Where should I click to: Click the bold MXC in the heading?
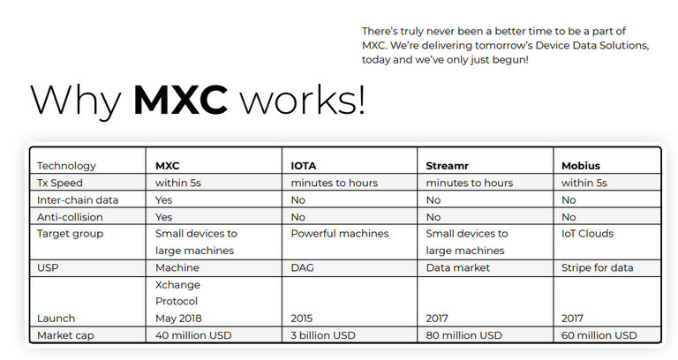click(180, 100)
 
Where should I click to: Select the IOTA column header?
click(304, 166)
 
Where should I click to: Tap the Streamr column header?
click(447, 166)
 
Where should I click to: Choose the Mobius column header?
click(581, 166)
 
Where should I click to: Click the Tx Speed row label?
click(60, 183)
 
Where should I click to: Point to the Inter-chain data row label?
click(78, 200)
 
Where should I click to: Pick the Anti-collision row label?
click(70, 217)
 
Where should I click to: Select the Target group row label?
click(70, 234)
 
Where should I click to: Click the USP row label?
click(48, 267)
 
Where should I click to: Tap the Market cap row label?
click(65, 335)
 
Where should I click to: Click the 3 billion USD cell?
click(323, 335)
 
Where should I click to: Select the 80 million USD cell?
click(464, 335)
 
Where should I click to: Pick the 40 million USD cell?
click(193, 335)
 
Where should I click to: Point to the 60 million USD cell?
click(599, 335)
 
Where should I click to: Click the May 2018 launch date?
click(178, 319)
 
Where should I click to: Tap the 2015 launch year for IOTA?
click(301, 319)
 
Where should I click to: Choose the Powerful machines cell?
click(340, 234)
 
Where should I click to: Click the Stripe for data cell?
click(597, 267)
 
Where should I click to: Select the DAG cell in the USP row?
click(302, 267)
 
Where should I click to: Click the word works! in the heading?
click(303, 100)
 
